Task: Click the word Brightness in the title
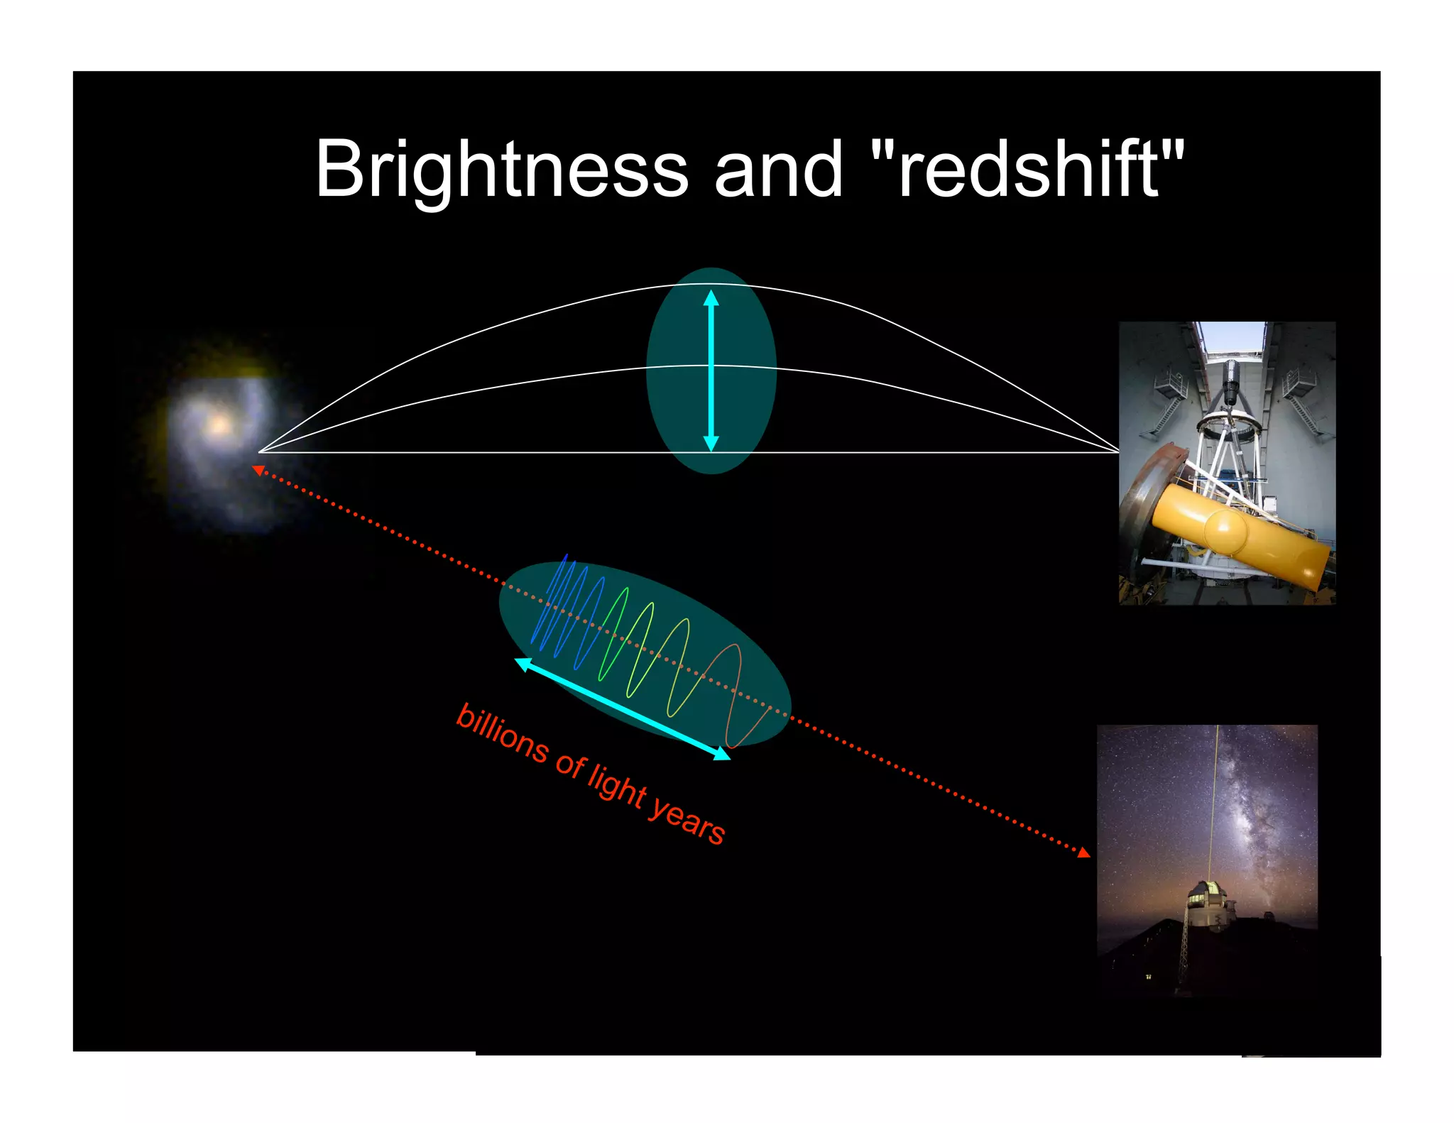point(501,170)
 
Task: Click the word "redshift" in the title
point(1027,170)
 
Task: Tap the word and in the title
point(778,170)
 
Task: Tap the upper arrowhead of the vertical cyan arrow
point(711,297)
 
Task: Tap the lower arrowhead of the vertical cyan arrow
point(711,444)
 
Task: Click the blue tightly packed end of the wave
point(561,603)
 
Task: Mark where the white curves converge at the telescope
point(1117,451)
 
